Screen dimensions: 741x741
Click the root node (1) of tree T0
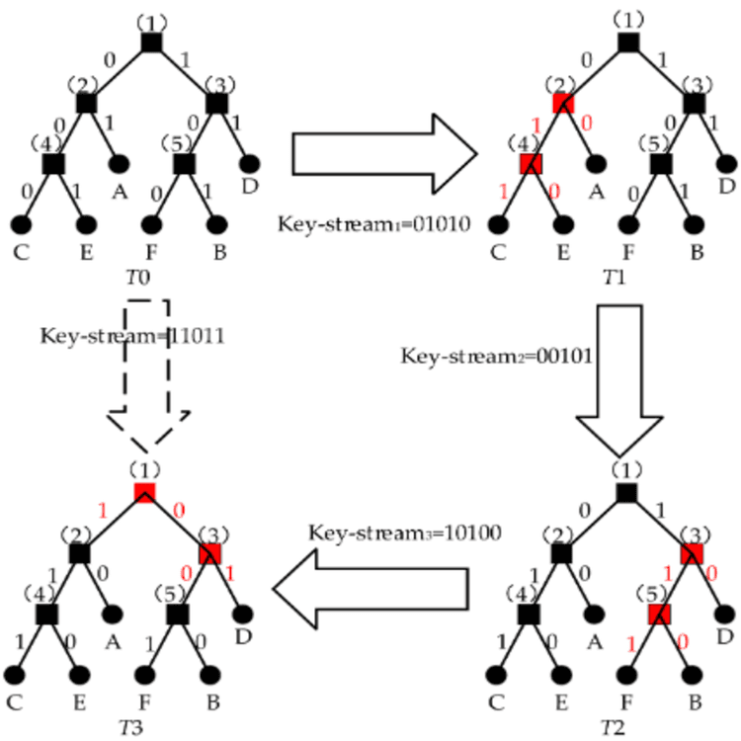[150, 42]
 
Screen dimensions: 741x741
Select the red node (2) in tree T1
[563, 102]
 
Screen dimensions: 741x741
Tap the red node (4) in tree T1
[531, 162]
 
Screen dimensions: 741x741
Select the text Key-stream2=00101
[495, 355]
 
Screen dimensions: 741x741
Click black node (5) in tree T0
[184, 162]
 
